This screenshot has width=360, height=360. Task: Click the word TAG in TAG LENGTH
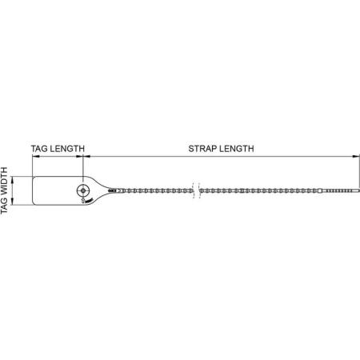click(39, 149)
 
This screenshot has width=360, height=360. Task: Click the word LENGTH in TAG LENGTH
click(67, 149)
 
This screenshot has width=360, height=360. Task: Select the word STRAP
click(202, 149)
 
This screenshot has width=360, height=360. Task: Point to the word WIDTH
click(4, 181)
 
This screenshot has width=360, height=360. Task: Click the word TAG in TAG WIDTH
click(4, 206)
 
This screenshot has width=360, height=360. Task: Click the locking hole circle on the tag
click(83, 190)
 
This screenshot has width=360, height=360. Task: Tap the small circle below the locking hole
click(83, 201)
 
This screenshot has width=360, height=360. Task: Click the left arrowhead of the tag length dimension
click(36, 156)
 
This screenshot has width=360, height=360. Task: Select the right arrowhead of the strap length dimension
click(356, 156)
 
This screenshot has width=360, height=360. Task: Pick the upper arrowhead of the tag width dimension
click(13, 180)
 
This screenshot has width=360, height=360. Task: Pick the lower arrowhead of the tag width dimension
click(13, 201)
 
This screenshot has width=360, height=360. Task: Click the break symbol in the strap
click(196, 190)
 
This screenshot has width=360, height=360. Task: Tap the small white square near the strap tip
click(320, 190)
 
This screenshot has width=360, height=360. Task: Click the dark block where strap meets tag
click(113, 190)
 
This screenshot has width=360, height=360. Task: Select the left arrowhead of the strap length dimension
click(87, 156)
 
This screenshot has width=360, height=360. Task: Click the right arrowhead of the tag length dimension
click(79, 156)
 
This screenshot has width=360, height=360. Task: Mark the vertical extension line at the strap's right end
click(359, 172)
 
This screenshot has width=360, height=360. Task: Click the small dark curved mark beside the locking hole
click(89, 200)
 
